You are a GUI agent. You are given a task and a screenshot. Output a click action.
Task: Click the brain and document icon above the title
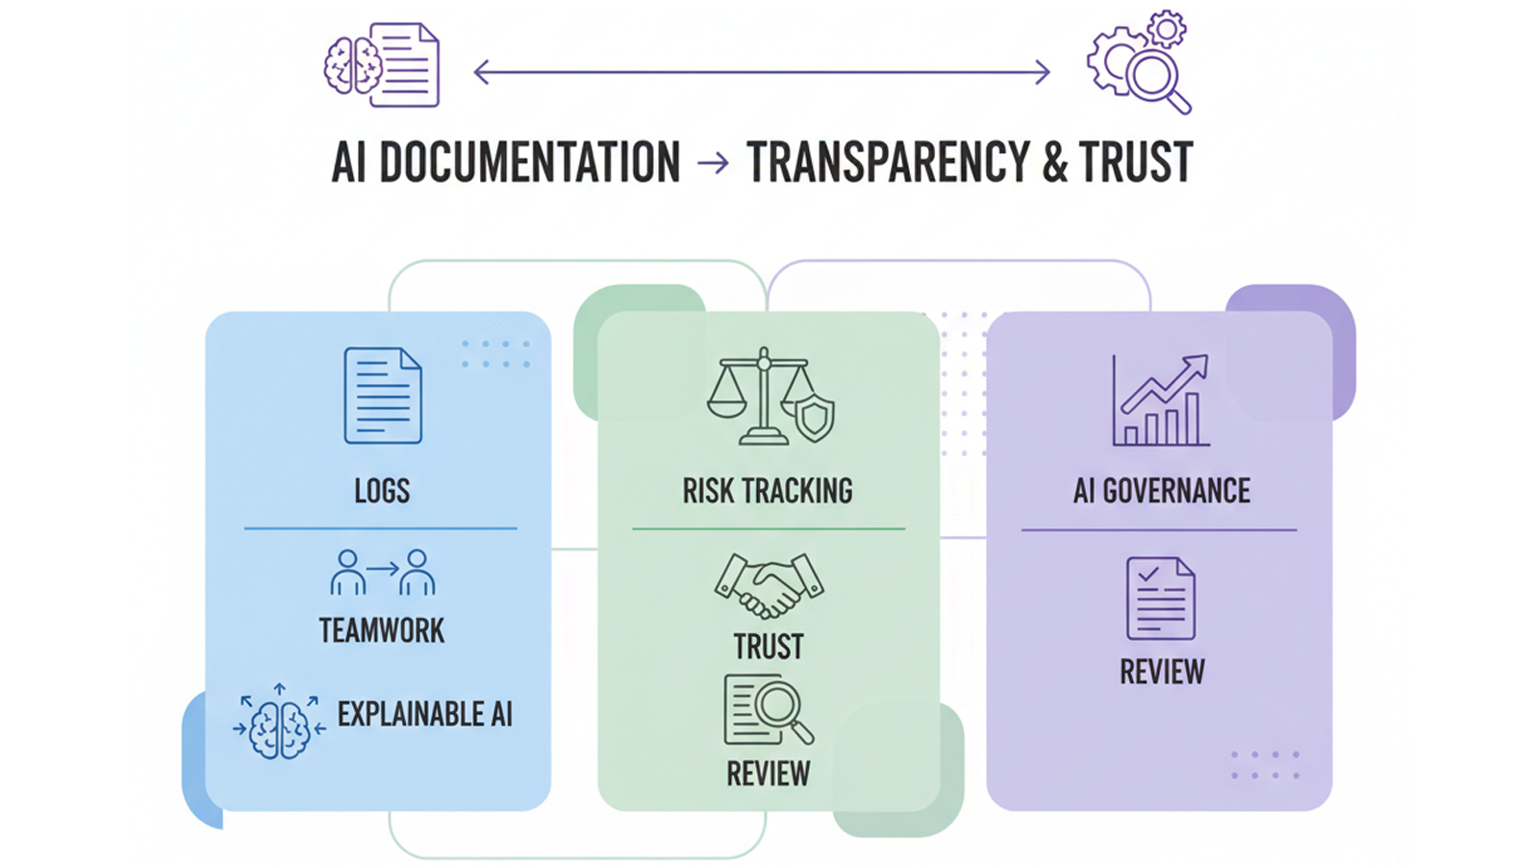[x=382, y=65]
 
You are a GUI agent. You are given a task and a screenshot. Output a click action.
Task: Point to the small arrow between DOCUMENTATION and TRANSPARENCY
[x=713, y=163]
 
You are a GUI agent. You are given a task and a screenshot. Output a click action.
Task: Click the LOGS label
[x=382, y=492]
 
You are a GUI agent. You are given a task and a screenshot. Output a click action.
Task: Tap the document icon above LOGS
[x=383, y=395]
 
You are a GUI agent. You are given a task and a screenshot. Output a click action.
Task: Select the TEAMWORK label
[x=382, y=631]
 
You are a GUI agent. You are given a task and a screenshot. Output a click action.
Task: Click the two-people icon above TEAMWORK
[x=382, y=573]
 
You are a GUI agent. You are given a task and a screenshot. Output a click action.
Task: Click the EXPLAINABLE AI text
[x=424, y=714]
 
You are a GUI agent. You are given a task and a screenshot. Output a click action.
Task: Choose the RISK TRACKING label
[x=768, y=492]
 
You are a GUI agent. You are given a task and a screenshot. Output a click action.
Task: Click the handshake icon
[x=769, y=585]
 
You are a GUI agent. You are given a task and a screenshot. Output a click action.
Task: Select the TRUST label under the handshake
[x=769, y=647]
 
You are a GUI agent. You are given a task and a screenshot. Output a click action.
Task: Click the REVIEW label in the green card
[x=768, y=774]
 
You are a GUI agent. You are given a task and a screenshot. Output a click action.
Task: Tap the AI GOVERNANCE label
[x=1162, y=492]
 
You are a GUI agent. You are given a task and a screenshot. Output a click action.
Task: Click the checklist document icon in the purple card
[x=1161, y=599]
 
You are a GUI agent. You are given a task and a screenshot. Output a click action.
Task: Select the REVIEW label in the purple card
[x=1162, y=672]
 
